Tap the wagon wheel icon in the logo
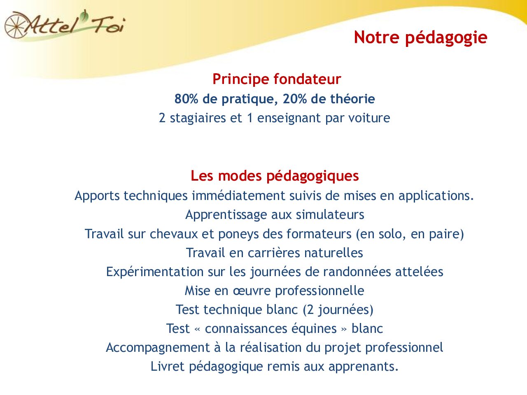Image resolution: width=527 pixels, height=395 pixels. coord(15,25)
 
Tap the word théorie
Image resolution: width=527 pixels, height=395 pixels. coord(352,99)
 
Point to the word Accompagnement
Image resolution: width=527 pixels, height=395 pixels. coord(158,348)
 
